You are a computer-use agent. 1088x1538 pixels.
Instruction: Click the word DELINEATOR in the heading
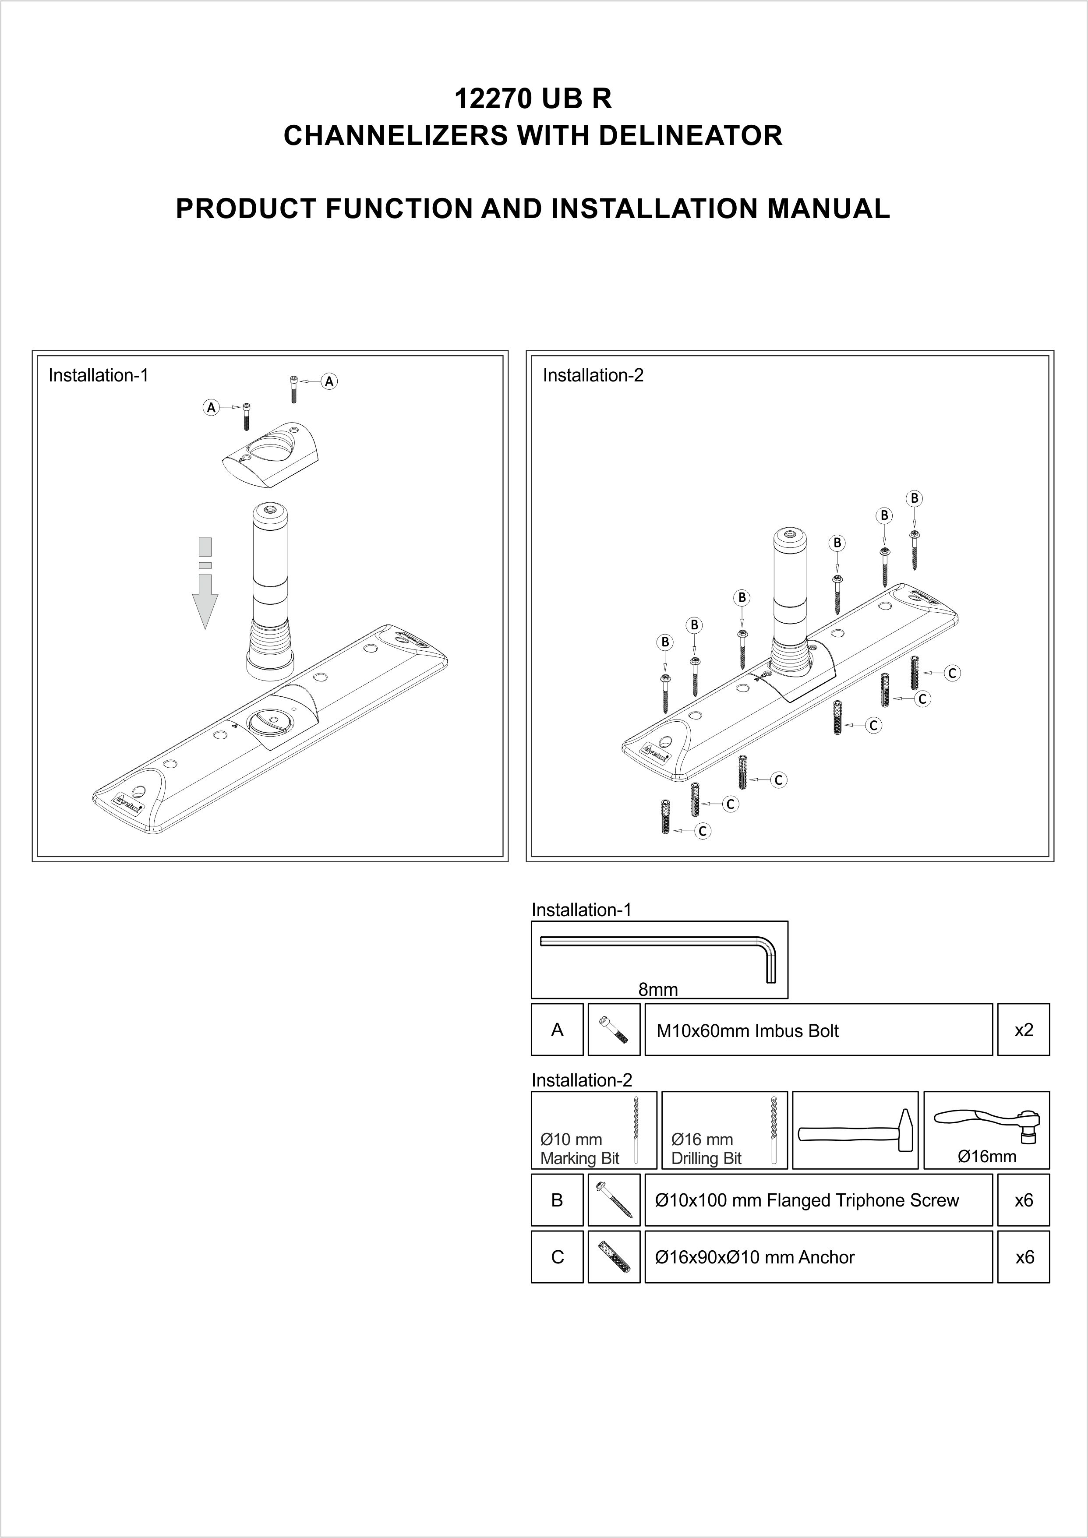689,136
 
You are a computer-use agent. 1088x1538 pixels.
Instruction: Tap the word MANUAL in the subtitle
828,209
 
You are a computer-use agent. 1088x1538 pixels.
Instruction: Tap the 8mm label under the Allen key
658,989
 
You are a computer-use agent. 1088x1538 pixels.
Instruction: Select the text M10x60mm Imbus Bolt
747,1031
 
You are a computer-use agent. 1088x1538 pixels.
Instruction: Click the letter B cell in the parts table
557,1200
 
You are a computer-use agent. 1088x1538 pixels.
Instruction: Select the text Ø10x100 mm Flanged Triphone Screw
807,1200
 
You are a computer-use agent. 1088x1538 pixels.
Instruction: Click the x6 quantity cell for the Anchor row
1023,1257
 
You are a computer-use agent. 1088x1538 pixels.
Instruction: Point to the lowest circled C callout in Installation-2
702,831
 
